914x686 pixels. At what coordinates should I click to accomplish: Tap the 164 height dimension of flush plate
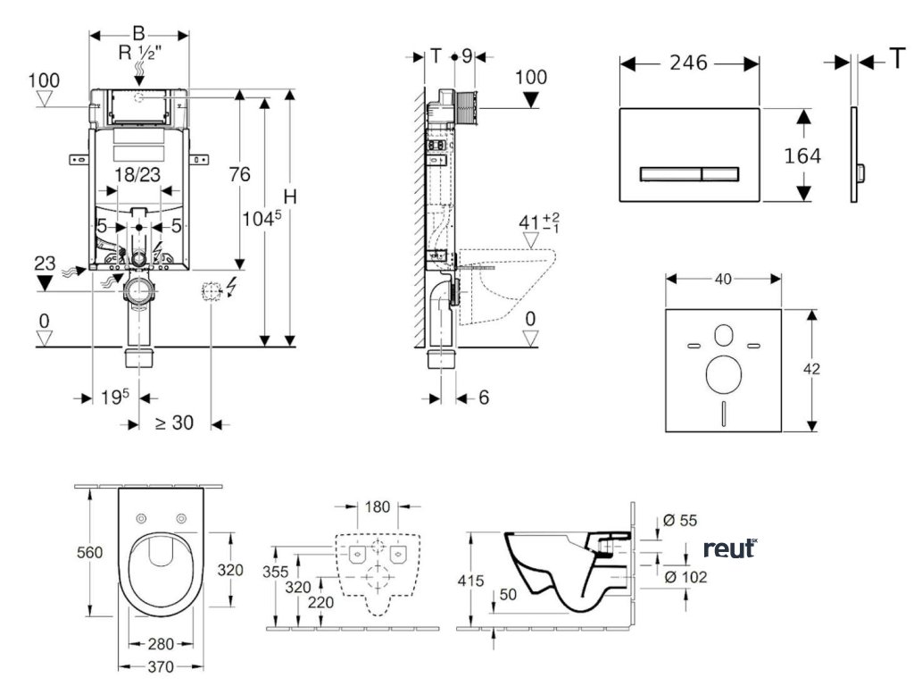click(x=802, y=155)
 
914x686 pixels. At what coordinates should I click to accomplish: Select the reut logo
click(x=729, y=548)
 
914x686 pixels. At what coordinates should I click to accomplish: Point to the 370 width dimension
click(x=161, y=666)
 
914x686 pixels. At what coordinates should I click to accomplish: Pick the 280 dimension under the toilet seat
click(x=161, y=643)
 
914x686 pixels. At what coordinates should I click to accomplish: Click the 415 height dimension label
click(x=471, y=581)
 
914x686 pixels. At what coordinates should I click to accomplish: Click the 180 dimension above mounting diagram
click(x=377, y=507)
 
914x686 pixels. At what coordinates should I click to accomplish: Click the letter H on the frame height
click(x=289, y=196)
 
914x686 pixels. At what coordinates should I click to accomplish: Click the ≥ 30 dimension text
click(x=174, y=423)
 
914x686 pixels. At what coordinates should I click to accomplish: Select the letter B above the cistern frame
click(x=138, y=33)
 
